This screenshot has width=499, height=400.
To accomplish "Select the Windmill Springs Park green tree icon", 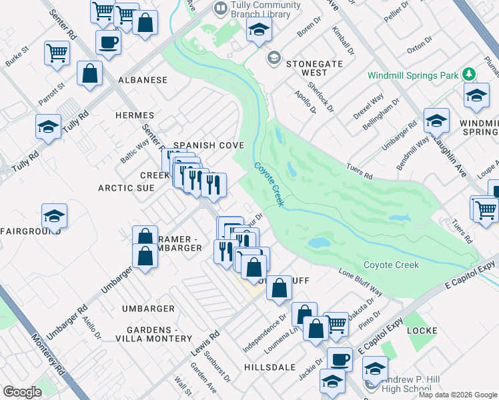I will [x=470, y=75].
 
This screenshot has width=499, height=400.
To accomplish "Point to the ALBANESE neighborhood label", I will [x=143, y=80].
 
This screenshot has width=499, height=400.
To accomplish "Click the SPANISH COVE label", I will [x=208, y=145].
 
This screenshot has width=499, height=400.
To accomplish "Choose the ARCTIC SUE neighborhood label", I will [x=126, y=188].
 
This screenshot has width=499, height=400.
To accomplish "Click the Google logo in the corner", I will [x=22, y=392].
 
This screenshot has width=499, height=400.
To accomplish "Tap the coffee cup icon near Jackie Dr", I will [x=340, y=359].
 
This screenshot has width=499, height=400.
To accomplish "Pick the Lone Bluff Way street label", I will [x=360, y=282].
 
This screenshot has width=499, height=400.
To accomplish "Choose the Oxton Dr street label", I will [x=420, y=49].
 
